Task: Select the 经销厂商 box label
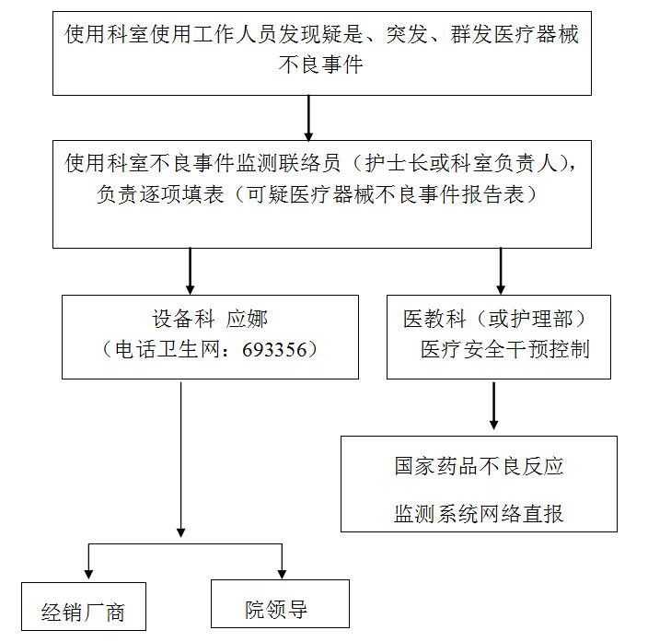[x=83, y=613]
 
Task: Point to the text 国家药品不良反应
[x=479, y=467]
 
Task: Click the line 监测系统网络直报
[x=479, y=513]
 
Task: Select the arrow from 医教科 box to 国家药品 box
[x=494, y=405]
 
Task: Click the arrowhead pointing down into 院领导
[x=282, y=571]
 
